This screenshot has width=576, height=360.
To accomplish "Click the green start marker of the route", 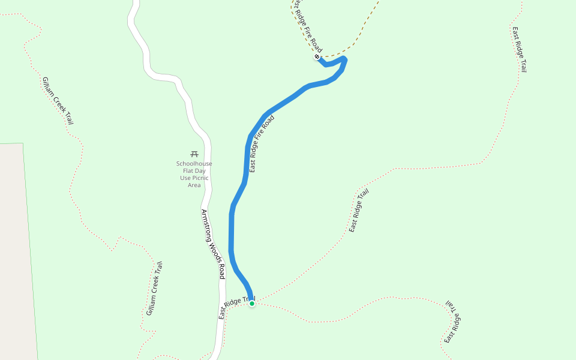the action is pos(252,304).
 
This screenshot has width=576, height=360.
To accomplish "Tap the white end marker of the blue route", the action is pos(317,57).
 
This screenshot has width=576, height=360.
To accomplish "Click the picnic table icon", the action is pos(194,154).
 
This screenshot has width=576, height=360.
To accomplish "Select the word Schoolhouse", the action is pos(194,164).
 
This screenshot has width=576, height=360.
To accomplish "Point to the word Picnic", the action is pos(200,178).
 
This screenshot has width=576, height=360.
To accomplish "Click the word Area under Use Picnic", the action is pos(194,185).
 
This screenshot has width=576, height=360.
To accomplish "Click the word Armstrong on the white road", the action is pos(207,225).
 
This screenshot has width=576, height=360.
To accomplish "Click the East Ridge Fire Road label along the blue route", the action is pos(262,145).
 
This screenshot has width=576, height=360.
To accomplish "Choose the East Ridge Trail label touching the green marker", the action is pos(236,307).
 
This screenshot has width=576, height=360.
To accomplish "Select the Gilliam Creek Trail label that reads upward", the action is pos(154,289).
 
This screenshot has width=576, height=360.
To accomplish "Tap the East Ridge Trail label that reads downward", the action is pos(519,50).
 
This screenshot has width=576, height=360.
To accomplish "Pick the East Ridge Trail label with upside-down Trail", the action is pos(452,322).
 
